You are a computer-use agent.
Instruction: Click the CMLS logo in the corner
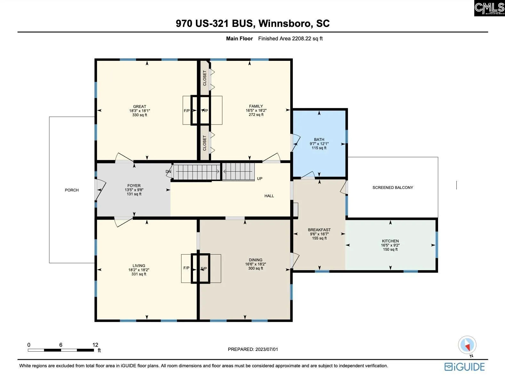click(x=489, y=8)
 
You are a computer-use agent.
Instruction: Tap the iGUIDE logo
click(x=465, y=367)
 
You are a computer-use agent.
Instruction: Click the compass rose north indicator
click(x=467, y=345)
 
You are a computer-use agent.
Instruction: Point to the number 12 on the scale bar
click(x=95, y=345)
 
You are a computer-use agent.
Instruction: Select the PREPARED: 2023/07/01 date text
click(x=253, y=349)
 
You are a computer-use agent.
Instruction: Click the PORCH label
click(x=72, y=190)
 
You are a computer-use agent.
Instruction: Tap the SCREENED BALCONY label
click(x=393, y=188)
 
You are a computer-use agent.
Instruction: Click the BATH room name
click(x=319, y=140)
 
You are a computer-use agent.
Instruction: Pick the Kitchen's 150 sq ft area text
click(x=390, y=249)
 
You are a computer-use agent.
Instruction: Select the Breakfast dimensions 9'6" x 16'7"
click(x=319, y=234)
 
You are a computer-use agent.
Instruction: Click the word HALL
click(x=269, y=196)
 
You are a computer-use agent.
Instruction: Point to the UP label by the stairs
click(x=260, y=178)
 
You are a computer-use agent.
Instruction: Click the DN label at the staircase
click(x=168, y=172)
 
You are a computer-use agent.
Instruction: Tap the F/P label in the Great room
click(x=187, y=111)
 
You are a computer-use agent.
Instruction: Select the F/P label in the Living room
click(x=186, y=268)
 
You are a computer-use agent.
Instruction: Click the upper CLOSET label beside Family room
click(x=204, y=78)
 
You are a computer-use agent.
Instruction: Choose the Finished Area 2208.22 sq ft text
click(x=290, y=38)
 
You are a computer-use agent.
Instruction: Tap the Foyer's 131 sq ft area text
click(x=134, y=194)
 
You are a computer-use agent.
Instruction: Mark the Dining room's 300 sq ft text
click(x=256, y=268)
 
